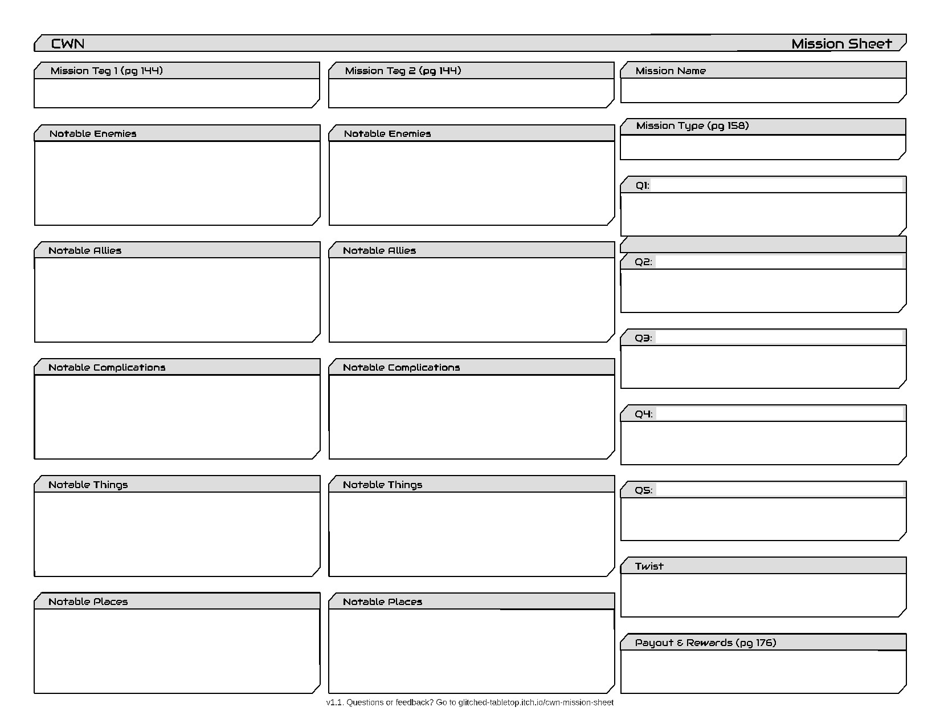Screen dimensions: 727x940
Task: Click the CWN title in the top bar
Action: (x=68, y=44)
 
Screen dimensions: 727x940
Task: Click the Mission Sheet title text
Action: (x=841, y=44)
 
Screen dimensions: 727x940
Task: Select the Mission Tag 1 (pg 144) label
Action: (x=107, y=71)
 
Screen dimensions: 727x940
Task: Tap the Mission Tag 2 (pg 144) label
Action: (x=403, y=71)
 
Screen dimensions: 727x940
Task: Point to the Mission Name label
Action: (x=671, y=71)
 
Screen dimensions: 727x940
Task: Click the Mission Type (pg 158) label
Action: (x=692, y=125)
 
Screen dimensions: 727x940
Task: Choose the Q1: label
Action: (x=642, y=185)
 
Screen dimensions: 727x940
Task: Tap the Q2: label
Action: (x=643, y=262)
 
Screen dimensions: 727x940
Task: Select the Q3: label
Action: (x=643, y=338)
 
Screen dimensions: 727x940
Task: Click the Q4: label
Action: (x=644, y=414)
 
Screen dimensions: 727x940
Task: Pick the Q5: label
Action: (x=644, y=490)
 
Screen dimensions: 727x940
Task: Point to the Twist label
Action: (x=649, y=566)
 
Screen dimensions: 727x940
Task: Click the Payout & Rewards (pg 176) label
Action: (x=705, y=643)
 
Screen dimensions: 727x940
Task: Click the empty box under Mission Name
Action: (x=762, y=91)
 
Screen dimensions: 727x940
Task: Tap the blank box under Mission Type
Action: (x=762, y=147)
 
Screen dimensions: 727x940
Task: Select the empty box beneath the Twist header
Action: (x=762, y=595)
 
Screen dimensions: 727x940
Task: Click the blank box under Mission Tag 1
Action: (x=176, y=93)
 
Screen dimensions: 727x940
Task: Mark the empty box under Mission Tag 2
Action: (x=471, y=93)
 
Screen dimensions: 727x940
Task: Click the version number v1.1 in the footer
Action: (x=334, y=702)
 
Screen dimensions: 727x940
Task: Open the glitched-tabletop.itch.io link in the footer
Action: (x=536, y=702)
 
